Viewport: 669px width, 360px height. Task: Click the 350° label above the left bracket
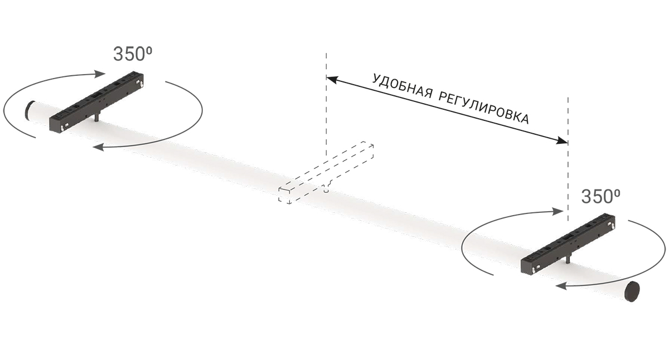coord(133,54)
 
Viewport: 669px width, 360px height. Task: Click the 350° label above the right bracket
coord(600,196)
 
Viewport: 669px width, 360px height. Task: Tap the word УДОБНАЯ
coord(402,87)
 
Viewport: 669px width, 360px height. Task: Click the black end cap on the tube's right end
coord(633,291)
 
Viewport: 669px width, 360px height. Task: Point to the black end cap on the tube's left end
coord(29,110)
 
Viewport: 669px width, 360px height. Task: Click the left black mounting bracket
coord(96,102)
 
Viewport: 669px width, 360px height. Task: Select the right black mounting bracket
coord(568,244)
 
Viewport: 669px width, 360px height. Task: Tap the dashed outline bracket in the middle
coord(326,172)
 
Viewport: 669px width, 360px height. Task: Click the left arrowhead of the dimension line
coord(332,79)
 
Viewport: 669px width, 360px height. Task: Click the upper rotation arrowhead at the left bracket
coord(100,74)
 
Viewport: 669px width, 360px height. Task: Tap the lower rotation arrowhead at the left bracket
coord(98,147)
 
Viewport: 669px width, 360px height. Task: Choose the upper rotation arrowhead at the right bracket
coord(558,211)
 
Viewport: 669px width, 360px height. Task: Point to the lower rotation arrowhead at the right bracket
coord(561,286)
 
